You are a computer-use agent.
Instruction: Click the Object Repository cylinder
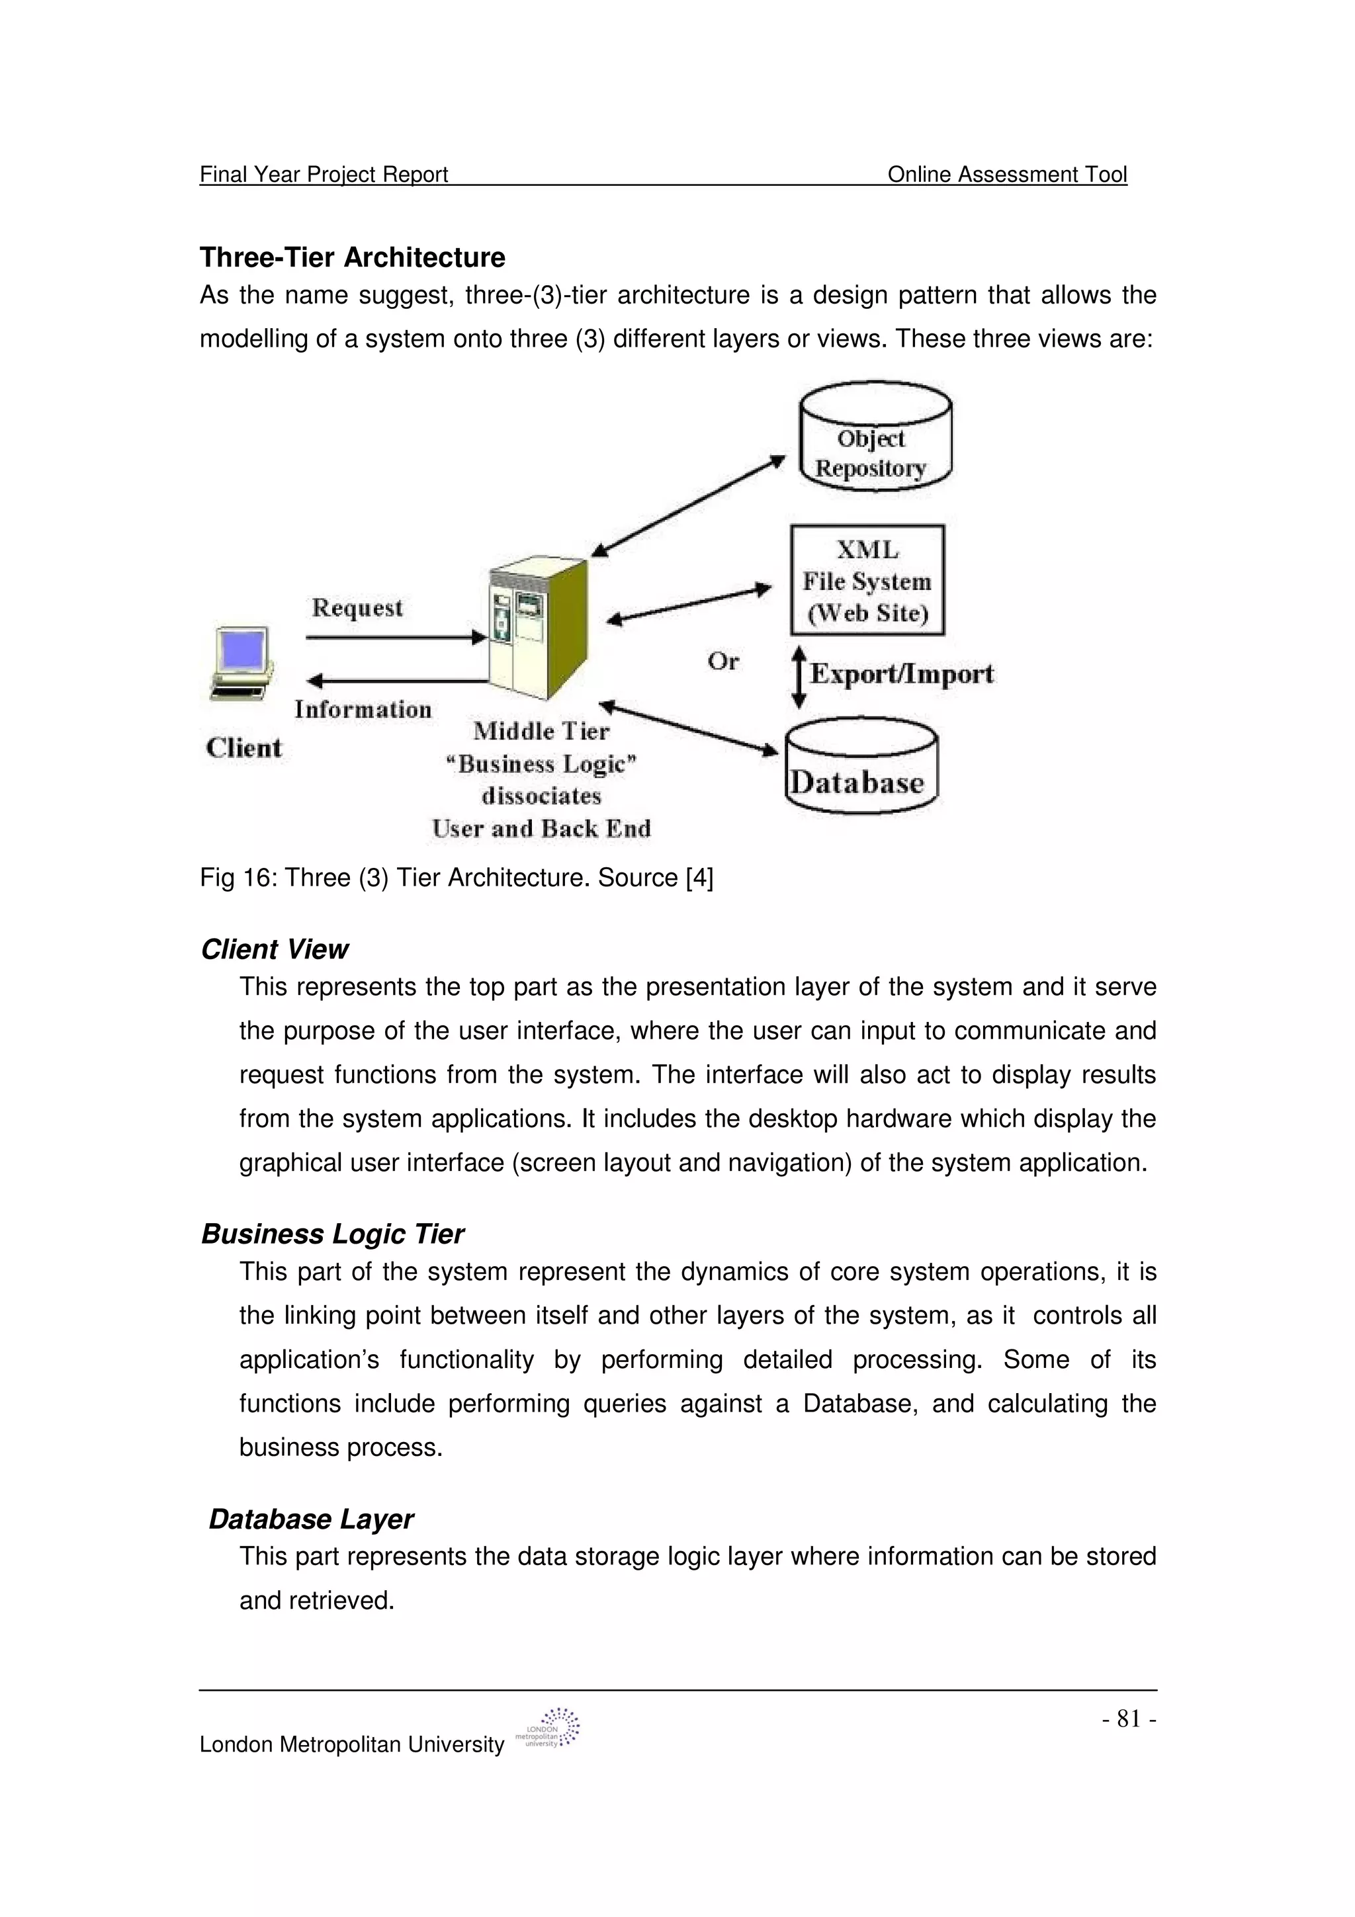tap(874, 439)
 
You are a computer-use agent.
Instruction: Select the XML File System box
tap(867, 580)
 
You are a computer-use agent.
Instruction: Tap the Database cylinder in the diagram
tap(861, 767)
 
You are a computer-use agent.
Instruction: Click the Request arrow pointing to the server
tap(396, 638)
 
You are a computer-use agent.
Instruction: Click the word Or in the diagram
tap(723, 661)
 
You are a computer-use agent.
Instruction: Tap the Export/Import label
tap(902, 674)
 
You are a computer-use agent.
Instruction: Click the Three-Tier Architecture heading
tap(353, 257)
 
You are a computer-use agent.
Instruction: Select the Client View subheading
tap(275, 949)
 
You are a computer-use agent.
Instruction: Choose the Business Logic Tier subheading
tap(332, 1234)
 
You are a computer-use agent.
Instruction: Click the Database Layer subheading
tap(310, 1519)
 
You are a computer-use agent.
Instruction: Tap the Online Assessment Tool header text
tap(1007, 174)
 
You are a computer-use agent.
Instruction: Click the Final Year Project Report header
tap(324, 174)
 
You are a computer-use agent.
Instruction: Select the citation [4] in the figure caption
tap(699, 878)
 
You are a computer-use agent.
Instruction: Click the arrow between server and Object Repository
tap(688, 505)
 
